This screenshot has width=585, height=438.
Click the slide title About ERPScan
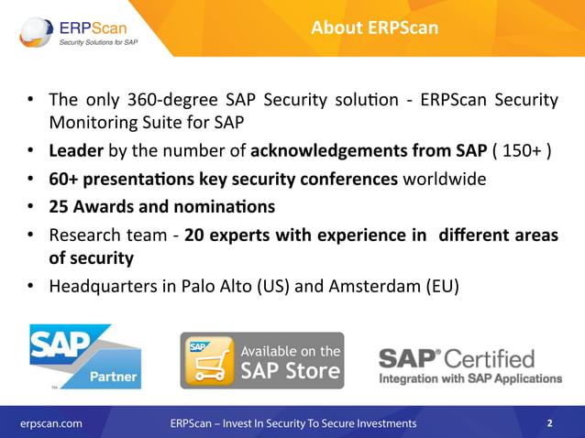pyautogui.click(x=374, y=28)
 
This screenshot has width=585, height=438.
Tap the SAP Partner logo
pyautogui.click(x=85, y=356)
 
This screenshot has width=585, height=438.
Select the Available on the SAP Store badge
pyautogui.click(x=261, y=360)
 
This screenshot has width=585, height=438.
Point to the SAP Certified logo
pyautogui.click(x=470, y=365)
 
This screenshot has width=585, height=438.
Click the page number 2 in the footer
pyautogui.click(x=549, y=423)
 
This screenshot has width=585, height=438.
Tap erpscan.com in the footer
pyautogui.click(x=51, y=423)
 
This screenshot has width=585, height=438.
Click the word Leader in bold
pyautogui.click(x=77, y=150)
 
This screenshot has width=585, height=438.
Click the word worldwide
pyautogui.click(x=447, y=178)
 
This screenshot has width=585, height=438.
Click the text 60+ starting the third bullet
pyautogui.click(x=63, y=178)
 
